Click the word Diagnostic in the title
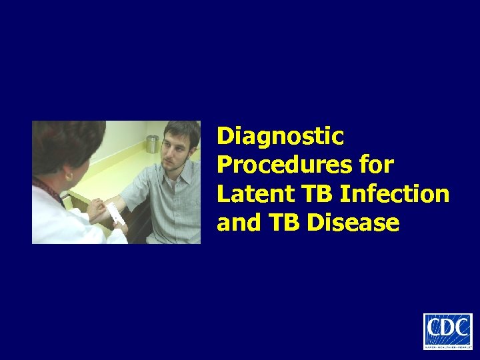click(x=281, y=137)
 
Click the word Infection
click(x=395, y=194)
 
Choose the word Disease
click(x=353, y=223)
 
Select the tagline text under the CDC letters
click(x=447, y=345)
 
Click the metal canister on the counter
click(x=153, y=143)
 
